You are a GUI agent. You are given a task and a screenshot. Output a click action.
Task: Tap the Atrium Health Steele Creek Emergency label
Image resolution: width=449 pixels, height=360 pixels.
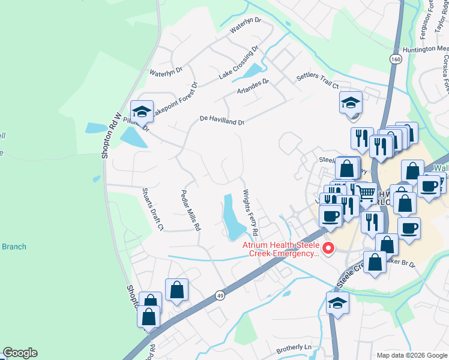282,249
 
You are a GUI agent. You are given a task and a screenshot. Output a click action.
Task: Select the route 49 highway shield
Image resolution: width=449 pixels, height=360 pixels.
220,295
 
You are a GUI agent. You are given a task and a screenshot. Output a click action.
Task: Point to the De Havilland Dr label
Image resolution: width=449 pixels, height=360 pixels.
222,121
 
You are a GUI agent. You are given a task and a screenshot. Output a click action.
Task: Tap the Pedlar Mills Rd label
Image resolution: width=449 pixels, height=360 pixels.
191,211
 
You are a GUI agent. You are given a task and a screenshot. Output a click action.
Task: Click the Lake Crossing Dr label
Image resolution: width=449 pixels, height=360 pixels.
238,62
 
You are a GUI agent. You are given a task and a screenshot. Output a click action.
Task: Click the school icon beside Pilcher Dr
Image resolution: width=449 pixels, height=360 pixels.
142,112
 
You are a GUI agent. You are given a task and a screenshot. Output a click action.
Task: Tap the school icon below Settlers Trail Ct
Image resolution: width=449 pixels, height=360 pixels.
351,103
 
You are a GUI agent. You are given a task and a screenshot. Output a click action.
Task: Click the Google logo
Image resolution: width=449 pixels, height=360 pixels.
20,353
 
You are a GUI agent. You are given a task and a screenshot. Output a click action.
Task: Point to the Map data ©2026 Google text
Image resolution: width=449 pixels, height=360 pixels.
411,355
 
